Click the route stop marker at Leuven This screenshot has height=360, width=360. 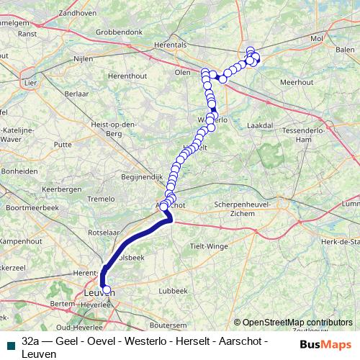[x=107, y=290]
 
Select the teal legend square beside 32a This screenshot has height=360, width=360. [x=10, y=346]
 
